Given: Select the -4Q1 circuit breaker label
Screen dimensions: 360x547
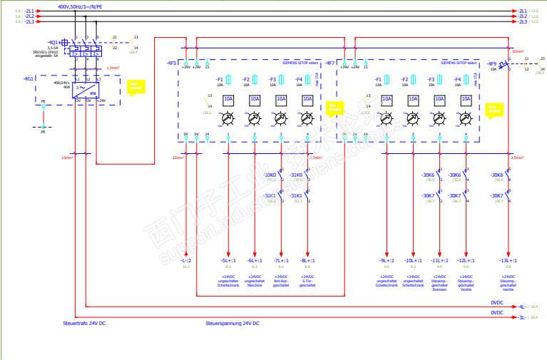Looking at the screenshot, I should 53,42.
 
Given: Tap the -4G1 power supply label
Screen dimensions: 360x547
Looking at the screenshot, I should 29,78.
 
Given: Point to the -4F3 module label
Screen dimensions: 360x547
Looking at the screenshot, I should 171,63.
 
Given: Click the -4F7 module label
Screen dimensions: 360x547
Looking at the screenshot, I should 329,63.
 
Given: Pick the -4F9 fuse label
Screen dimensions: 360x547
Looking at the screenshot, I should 492,64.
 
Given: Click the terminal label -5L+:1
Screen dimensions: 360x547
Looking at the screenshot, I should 228,261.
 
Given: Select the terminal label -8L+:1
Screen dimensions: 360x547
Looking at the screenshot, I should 307,261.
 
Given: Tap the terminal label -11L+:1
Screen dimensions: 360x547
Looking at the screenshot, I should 439,261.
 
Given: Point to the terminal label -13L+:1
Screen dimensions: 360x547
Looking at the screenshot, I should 507,261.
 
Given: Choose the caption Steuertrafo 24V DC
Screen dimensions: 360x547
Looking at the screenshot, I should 84,324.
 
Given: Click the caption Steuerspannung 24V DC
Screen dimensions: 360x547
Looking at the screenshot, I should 232,324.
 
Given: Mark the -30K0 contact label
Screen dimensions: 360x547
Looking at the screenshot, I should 270,175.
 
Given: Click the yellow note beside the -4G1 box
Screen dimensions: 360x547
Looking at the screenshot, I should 134,87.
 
